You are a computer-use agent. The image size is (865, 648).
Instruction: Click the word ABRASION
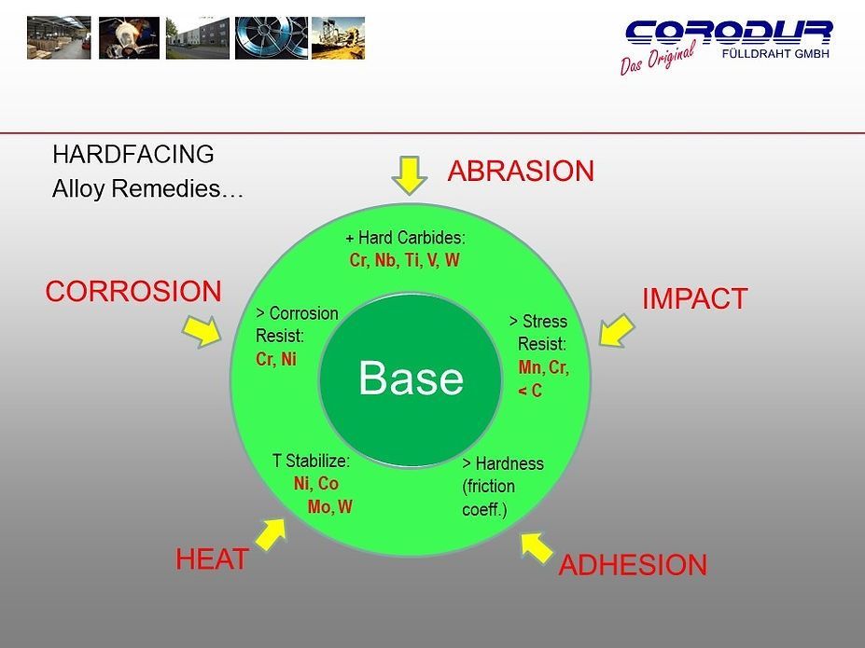521,172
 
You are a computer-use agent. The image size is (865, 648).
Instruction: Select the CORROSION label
133,292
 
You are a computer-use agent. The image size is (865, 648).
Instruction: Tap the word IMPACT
694,299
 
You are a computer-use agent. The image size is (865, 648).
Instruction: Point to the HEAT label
212,559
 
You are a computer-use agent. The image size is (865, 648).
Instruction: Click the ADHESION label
632,566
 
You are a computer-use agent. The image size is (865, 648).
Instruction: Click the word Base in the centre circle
411,379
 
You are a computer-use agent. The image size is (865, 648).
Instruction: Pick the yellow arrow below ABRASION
408,174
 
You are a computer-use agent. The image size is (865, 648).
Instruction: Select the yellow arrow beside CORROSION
202,329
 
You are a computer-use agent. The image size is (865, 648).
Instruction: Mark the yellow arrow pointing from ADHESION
537,547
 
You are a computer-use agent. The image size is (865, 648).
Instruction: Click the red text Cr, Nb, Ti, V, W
404,261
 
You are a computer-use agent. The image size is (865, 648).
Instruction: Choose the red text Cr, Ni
275,359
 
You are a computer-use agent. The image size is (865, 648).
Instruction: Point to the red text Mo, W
329,507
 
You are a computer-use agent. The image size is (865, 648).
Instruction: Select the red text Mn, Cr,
543,367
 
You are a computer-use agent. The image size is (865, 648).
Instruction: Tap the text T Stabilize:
311,461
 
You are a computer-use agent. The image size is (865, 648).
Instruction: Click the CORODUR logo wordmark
729,33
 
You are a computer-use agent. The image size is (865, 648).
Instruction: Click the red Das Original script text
657,59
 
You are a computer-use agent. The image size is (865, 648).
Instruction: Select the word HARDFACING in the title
133,154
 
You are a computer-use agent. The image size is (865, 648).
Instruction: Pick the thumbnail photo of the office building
197,37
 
